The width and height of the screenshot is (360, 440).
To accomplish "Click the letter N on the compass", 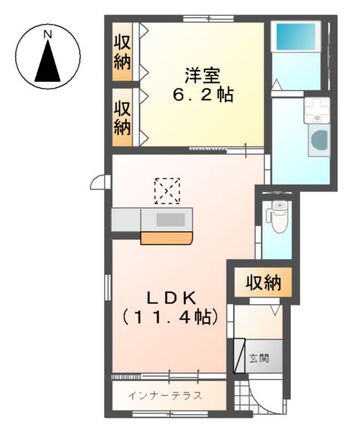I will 47,35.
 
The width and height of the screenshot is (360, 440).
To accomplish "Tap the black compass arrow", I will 48,62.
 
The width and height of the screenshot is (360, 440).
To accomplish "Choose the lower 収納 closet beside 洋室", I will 122,117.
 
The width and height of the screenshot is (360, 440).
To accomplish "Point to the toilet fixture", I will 278,216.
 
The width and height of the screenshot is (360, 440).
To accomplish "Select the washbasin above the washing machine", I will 315,110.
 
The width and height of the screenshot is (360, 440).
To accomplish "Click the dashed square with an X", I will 167,191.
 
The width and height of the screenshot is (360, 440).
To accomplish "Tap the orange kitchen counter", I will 166,238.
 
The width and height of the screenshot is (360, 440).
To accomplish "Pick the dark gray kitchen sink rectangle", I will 171,220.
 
